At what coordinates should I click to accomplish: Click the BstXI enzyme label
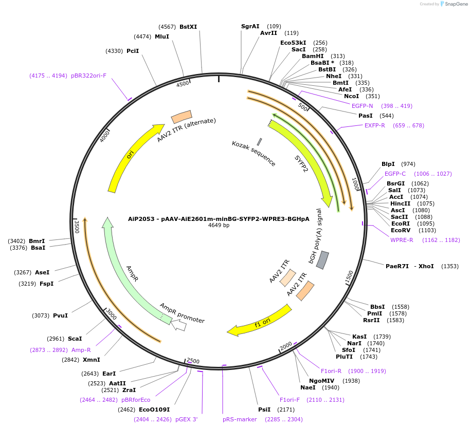tap(188, 27)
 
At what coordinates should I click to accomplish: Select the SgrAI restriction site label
tap(250, 26)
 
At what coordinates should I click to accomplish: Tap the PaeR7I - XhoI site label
tap(409, 266)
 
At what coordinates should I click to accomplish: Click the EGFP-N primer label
tap(362, 106)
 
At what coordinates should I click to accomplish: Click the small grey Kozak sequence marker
tap(259, 141)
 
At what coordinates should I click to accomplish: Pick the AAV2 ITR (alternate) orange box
tap(181, 117)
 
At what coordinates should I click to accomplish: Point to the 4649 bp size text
tap(219, 225)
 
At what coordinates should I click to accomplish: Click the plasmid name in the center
tap(219, 218)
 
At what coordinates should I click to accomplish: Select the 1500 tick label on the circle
tap(349, 276)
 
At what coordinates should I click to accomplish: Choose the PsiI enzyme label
tap(264, 410)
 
